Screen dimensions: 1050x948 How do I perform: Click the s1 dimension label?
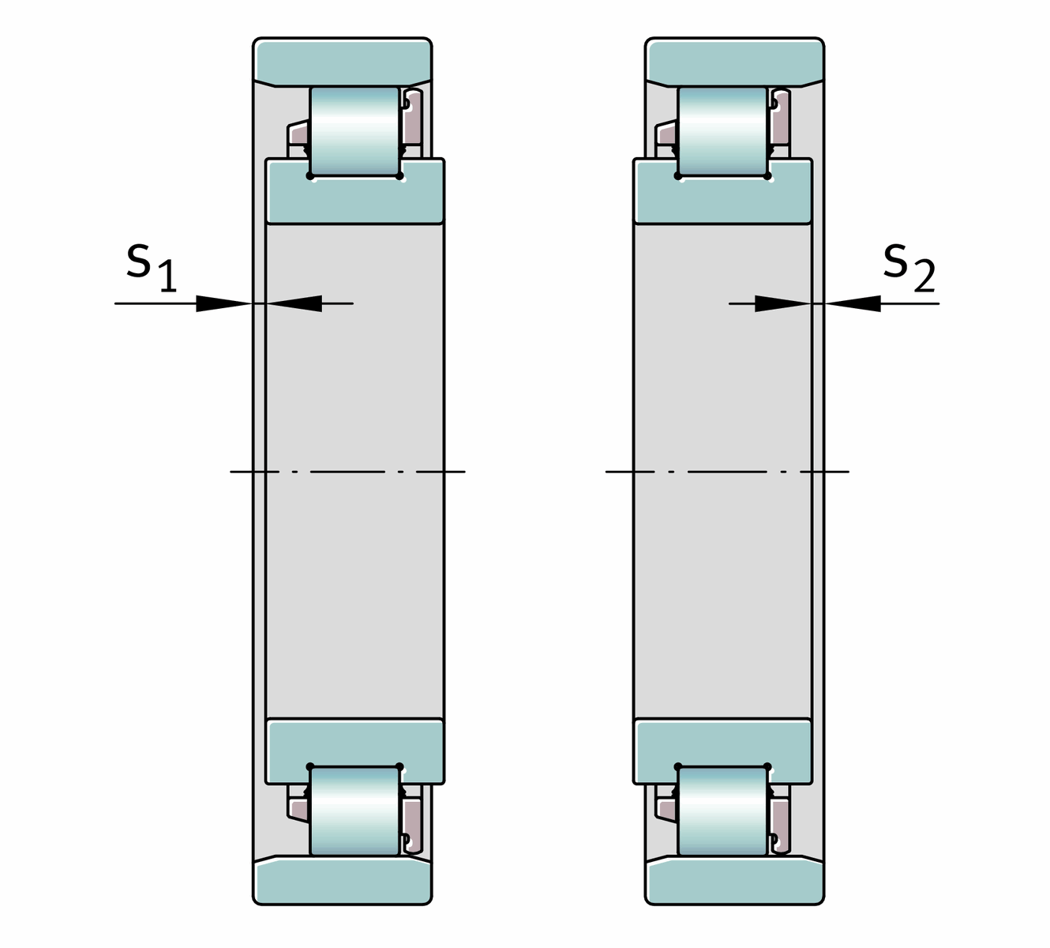coord(152,268)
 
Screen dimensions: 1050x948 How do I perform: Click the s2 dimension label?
coord(909,268)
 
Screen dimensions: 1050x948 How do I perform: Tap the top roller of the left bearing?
coord(354,131)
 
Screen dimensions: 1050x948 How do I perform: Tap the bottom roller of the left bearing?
coord(354,811)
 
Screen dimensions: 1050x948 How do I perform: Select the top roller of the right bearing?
coord(722,131)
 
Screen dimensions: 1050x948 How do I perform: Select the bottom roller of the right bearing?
coord(722,811)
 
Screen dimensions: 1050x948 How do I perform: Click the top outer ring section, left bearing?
coord(343,62)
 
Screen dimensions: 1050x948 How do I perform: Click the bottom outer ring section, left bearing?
coord(343,880)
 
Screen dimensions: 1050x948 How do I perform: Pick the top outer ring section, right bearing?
coord(735,62)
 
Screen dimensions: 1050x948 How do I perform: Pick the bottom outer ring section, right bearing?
coord(735,880)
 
